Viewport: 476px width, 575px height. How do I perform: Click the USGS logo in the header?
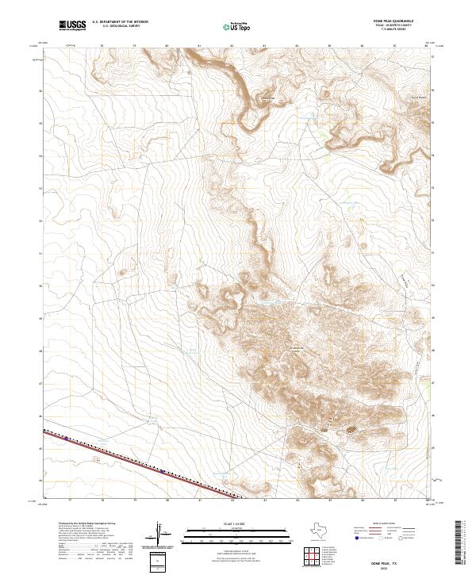[x=72, y=26]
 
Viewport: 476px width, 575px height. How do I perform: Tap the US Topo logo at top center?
[x=237, y=26]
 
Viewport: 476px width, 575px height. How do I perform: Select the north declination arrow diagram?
[x=159, y=533]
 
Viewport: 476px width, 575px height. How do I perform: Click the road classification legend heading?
[x=383, y=525]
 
